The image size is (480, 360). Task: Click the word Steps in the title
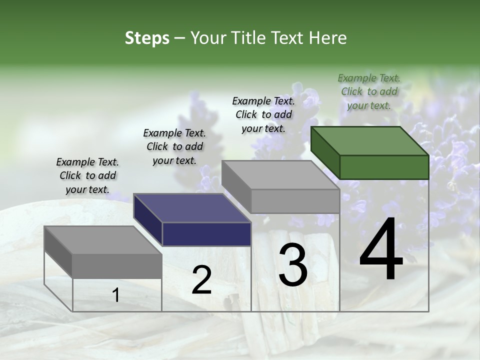147,38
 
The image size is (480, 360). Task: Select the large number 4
381,250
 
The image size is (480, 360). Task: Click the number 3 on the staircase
292,265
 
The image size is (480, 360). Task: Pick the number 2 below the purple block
201,280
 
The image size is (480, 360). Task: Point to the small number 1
116,295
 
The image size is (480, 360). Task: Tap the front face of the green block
384,167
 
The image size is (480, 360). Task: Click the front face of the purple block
206,234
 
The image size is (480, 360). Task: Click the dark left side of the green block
325,152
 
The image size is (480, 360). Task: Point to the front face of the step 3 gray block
295,201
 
